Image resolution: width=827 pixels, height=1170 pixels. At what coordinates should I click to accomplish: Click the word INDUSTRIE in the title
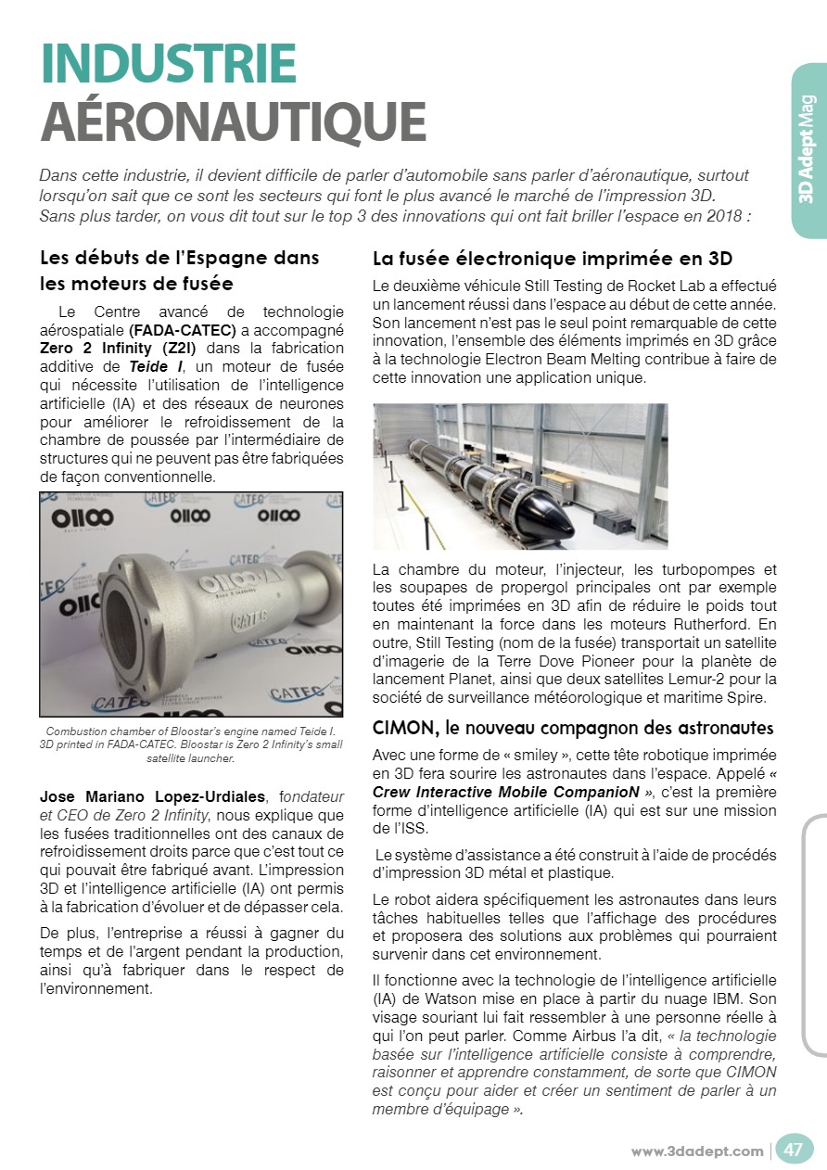coord(168,64)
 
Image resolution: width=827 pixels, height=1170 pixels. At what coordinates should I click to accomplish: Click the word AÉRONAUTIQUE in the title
coord(233,120)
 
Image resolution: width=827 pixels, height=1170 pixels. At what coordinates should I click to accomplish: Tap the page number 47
coord(794,1150)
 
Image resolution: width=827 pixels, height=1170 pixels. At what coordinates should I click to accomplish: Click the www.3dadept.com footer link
coord(697,1151)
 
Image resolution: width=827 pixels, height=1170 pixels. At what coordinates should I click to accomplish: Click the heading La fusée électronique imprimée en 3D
coord(553,258)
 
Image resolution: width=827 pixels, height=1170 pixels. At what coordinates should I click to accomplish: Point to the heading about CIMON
coord(573,727)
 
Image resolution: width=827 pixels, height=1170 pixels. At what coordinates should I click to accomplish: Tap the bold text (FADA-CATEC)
coord(182,329)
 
